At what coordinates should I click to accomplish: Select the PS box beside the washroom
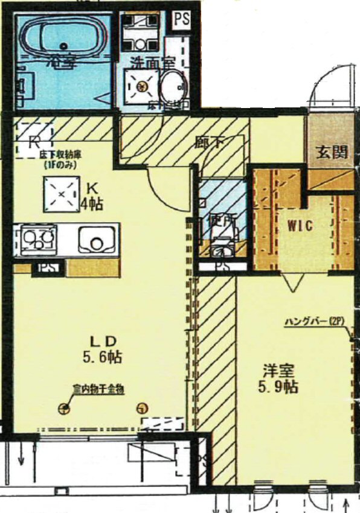[181, 19]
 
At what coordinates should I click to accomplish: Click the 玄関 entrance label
[332, 152]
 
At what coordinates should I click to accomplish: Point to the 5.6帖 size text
[103, 357]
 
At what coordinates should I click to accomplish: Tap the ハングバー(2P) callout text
[314, 322]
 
